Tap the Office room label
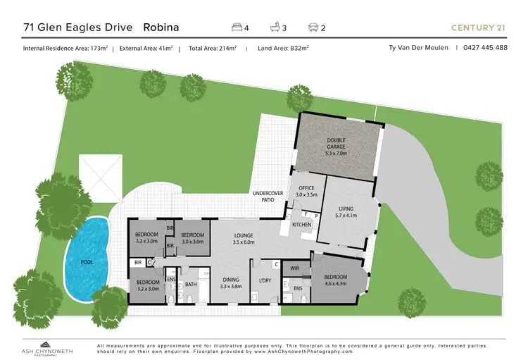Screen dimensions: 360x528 pos(307,190)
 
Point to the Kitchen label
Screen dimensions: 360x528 pos(302,225)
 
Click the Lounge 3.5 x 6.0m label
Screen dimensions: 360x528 pos(243,239)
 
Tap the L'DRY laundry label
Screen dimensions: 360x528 pos(265,280)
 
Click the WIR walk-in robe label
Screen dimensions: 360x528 pos(296,268)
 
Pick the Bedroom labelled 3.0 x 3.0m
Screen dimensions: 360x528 pos(192,238)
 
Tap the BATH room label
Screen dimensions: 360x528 pos(191,285)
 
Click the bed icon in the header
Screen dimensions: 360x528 pos(237,27)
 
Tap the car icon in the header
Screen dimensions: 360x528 pos(312,27)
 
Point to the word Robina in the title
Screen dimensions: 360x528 pos(161,27)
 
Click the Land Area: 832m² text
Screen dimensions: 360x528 pos(284,48)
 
